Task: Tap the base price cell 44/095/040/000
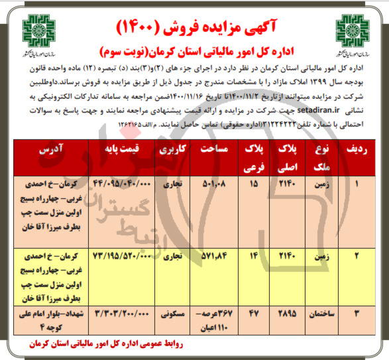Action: click(120, 182)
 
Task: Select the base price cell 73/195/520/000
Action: click(120, 255)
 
